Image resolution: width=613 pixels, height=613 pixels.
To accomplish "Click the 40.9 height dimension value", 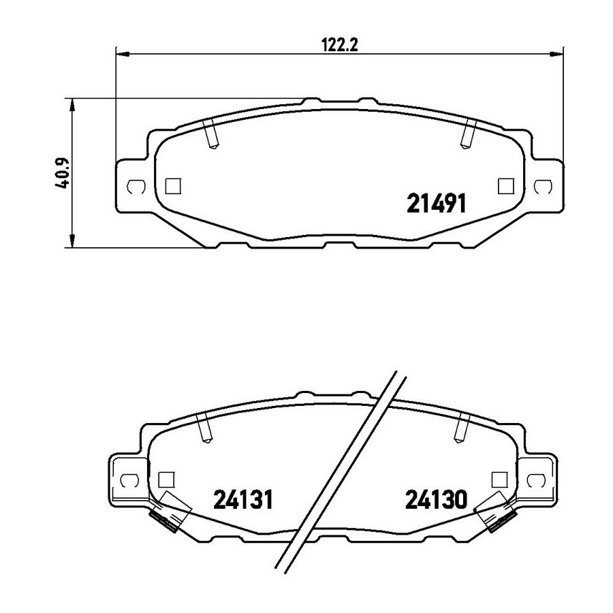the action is point(63,172).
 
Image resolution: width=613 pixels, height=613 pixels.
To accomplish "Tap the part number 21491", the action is point(437,204).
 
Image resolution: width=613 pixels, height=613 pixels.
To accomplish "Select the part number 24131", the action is point(242,500).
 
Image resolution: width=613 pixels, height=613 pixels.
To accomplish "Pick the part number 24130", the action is point(436,500).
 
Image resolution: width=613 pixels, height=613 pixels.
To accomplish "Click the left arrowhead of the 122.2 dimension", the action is point(123,54).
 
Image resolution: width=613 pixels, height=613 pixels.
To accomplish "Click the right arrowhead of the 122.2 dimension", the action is point(556,54).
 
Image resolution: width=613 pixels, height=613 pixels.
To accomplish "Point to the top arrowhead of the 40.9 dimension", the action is point(72,105).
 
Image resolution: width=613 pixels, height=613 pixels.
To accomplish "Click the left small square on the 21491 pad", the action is point(173,186).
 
